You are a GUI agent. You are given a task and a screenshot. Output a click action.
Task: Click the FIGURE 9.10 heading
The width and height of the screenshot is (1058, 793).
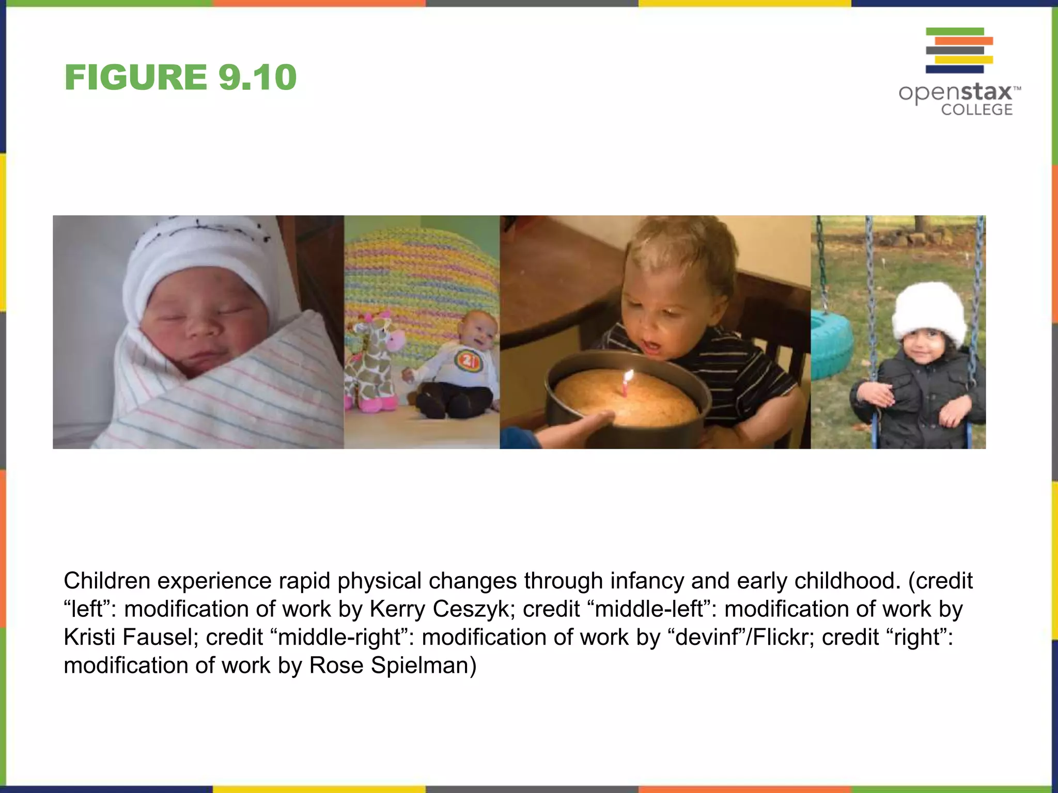(x=180, y=77)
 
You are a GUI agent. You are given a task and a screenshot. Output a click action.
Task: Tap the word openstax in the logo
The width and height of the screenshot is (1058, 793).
(x=955, y=93)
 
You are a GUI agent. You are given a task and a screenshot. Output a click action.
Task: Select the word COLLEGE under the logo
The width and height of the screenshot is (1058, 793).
(x=976, y=110)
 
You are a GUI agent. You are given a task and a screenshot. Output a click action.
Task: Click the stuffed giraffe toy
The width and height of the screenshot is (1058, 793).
(x=371, y=361)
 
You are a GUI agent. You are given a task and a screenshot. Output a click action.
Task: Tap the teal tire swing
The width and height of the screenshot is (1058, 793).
(x=832, y=341)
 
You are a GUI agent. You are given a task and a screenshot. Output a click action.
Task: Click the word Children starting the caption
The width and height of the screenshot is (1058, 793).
(x=107, y=581)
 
